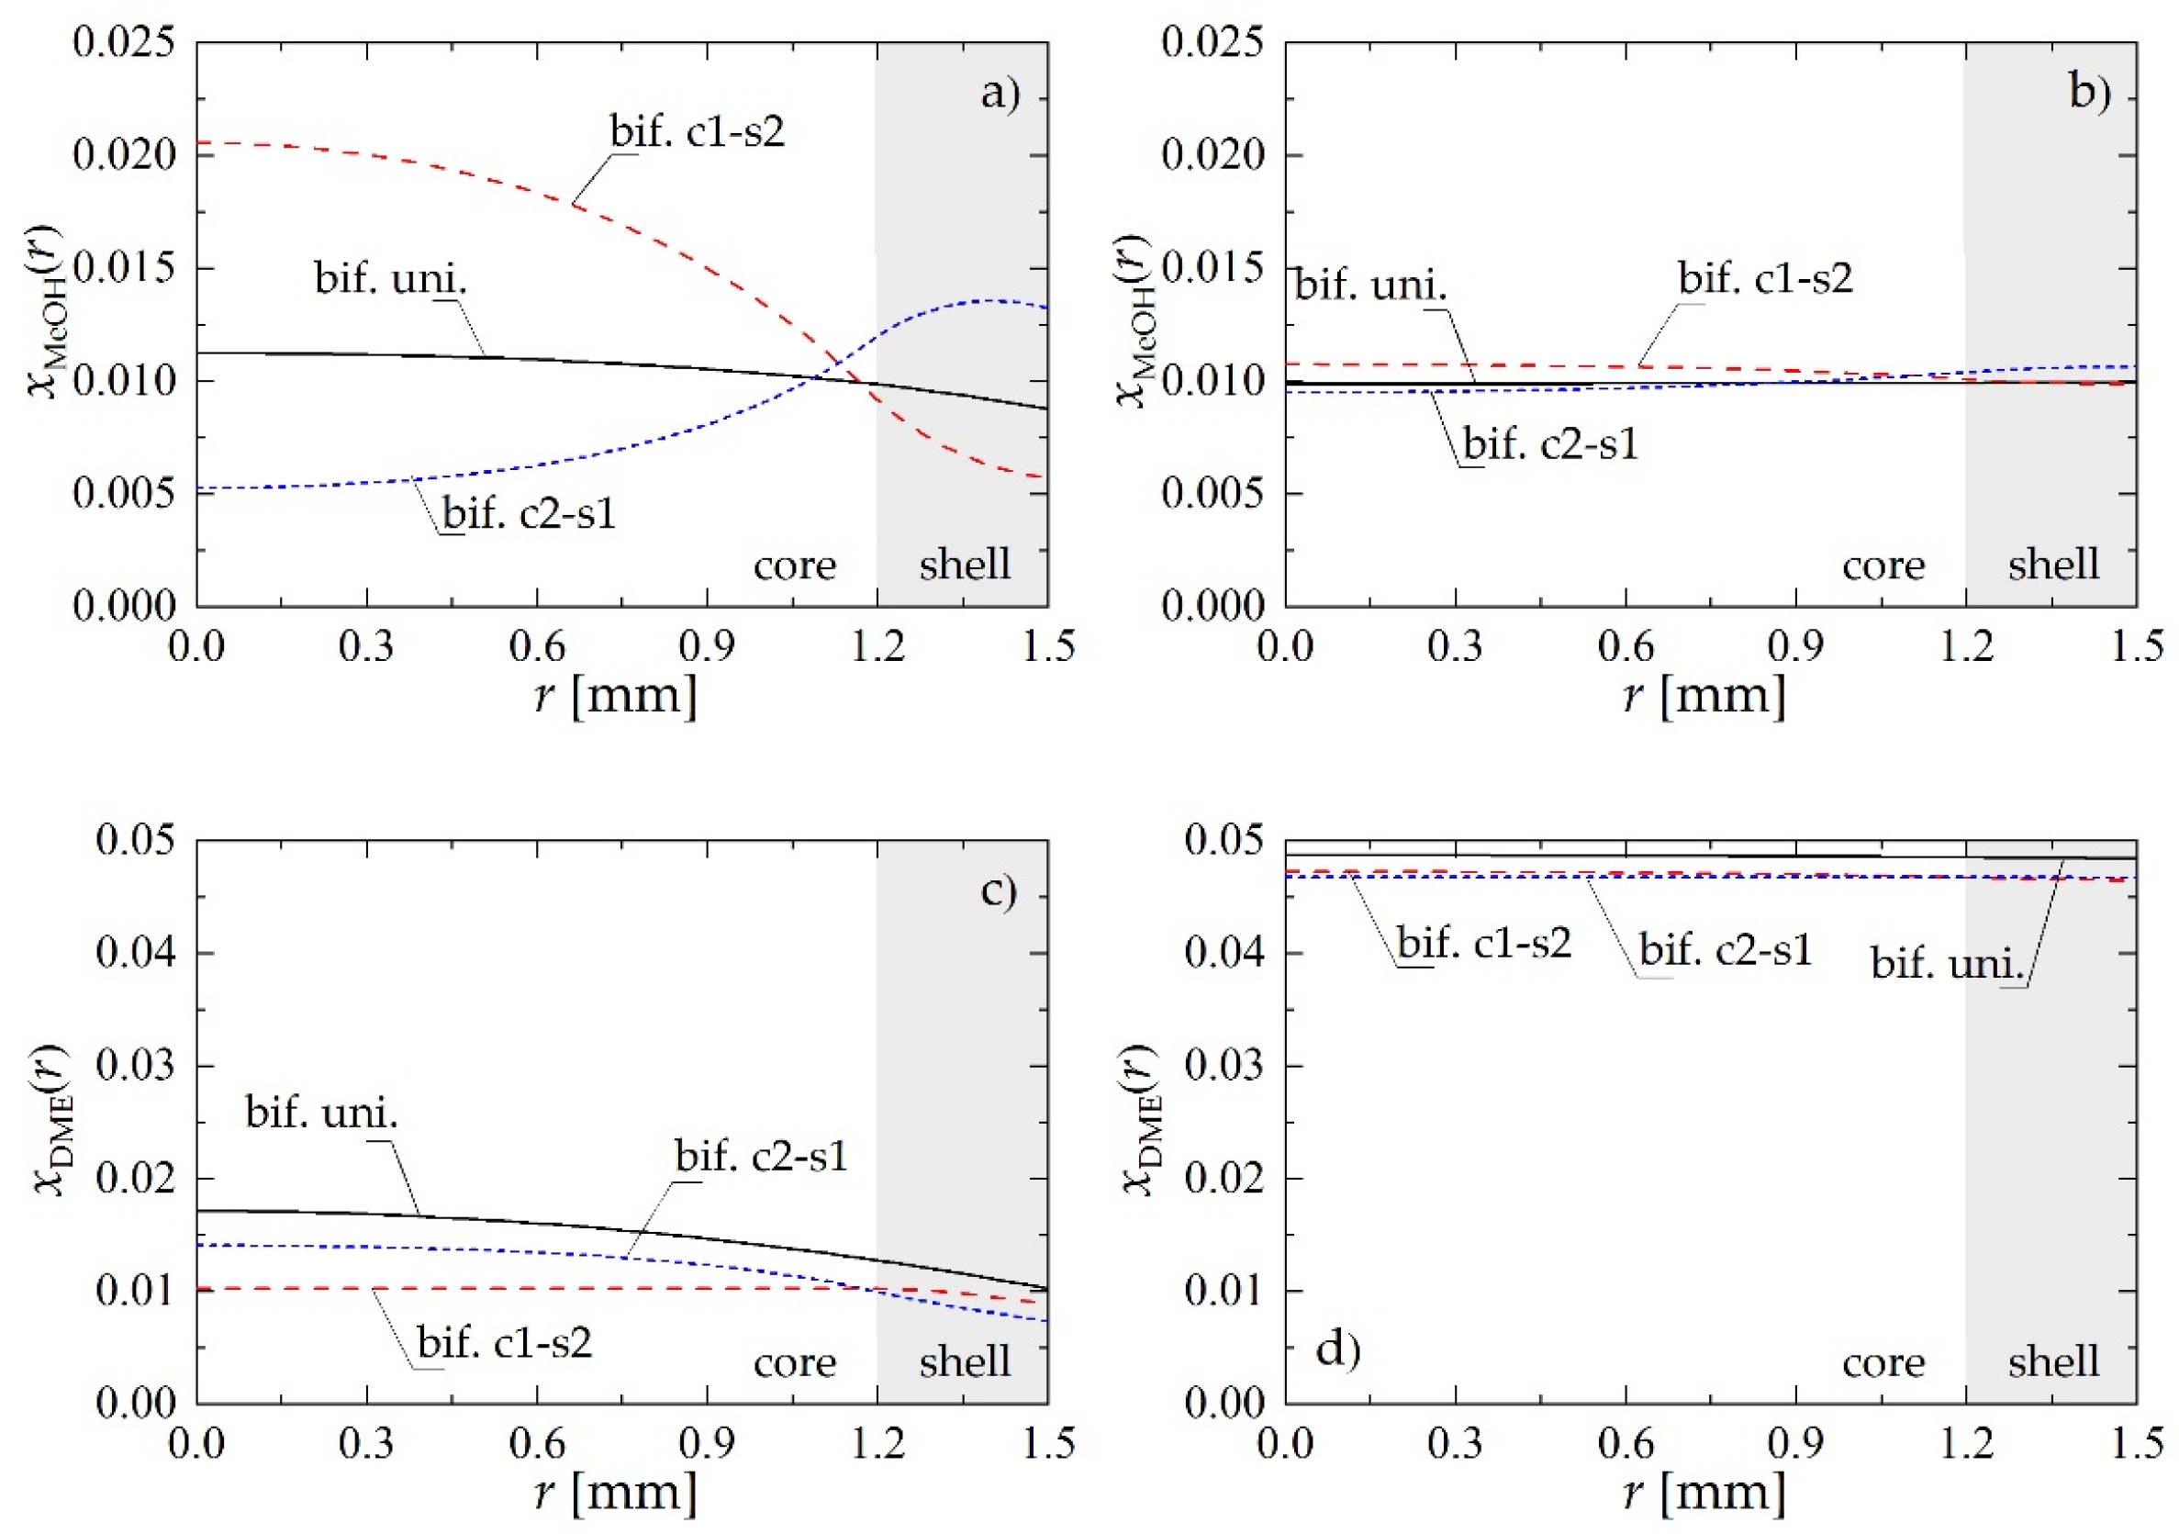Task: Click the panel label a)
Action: click(1000, 94)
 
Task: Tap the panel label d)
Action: click(1338, 1349)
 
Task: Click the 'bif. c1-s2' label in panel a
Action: click(698, 131)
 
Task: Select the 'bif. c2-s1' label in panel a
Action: click(530, 513)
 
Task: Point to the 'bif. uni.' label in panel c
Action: click(322, 1112)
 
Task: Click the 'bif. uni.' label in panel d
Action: click(1948, 964)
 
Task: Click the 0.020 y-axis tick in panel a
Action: click(124, 155)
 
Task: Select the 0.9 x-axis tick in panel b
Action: click(1794, 646)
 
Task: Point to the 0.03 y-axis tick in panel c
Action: click(136, 1065)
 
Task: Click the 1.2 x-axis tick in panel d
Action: click(1964, 1444)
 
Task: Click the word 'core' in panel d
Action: click(1883, 1362)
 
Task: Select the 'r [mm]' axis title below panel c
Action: click(615, 1493)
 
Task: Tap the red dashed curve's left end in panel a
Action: click(199, 142)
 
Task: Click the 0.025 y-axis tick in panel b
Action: click(1212, 43)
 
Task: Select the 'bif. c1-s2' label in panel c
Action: click(505, 1342)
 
